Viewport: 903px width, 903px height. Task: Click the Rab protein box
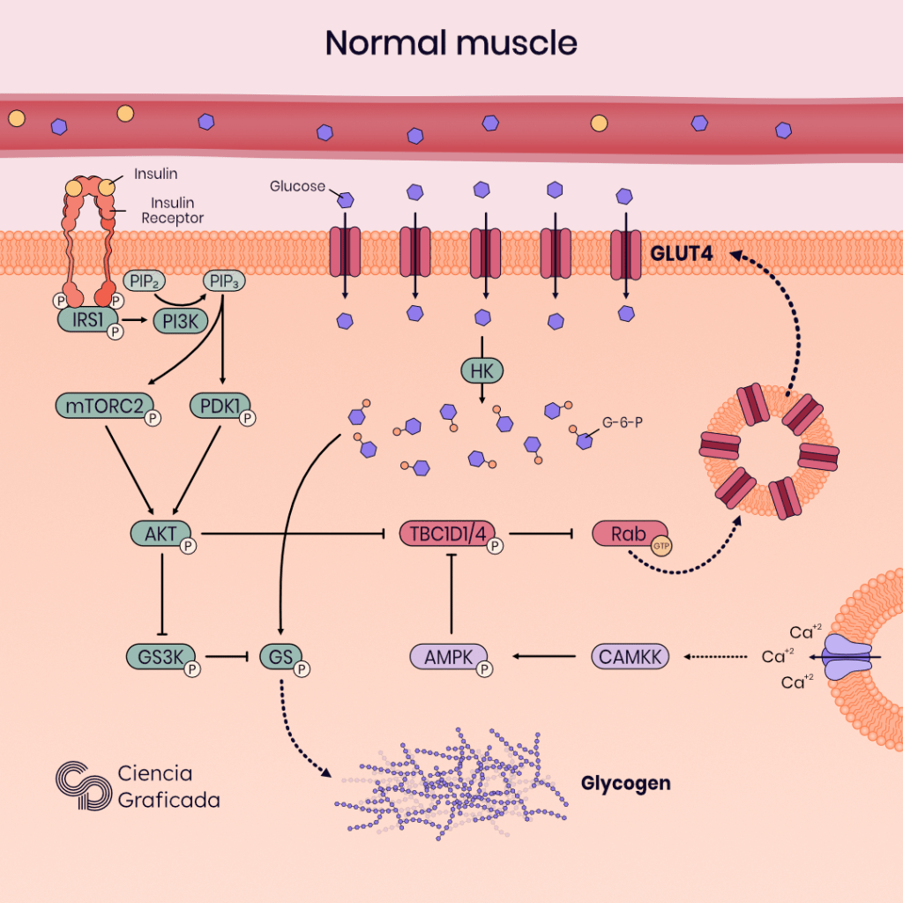point(623,533)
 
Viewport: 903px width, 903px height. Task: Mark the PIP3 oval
point(224,282)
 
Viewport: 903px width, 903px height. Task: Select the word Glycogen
point(626,783)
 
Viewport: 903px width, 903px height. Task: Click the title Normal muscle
point(451,42)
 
